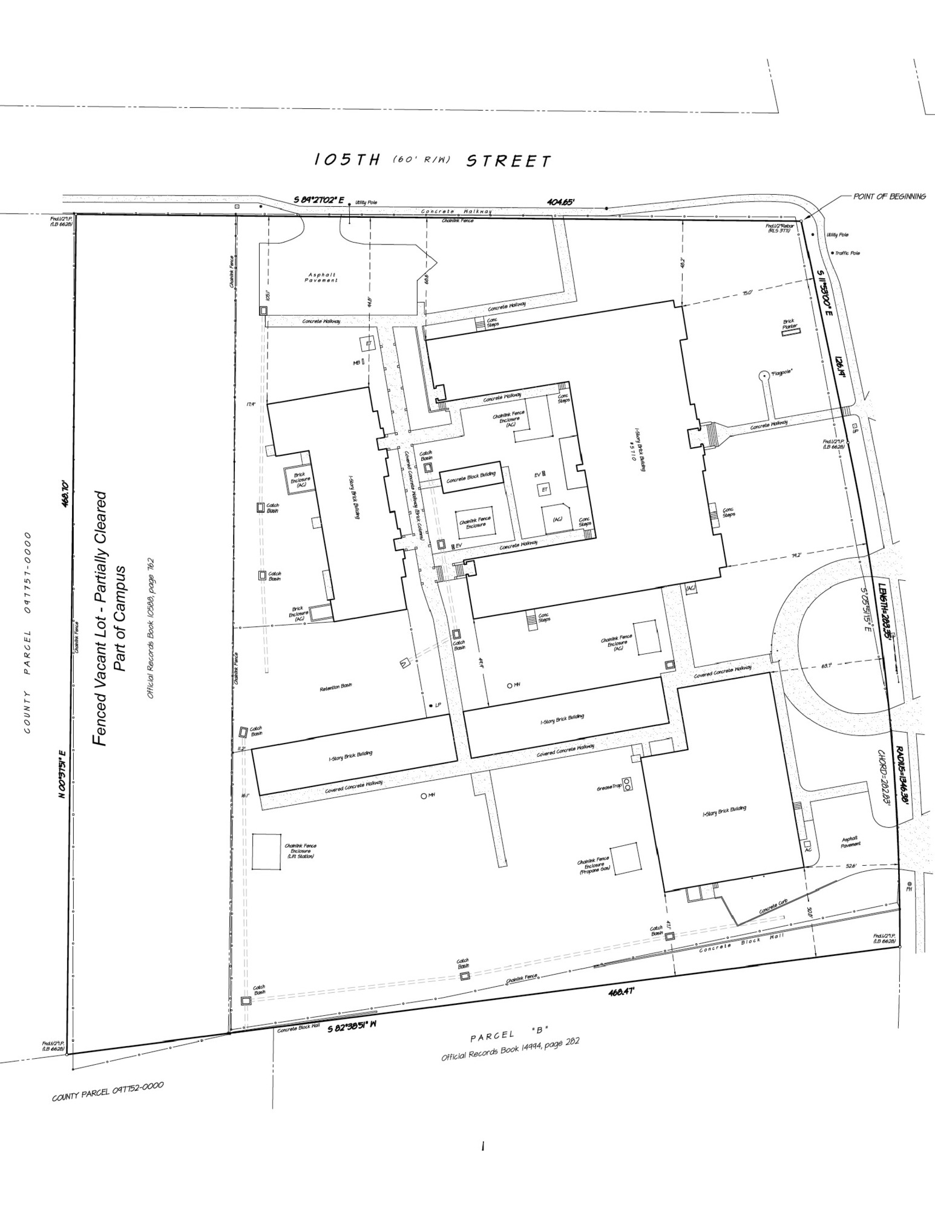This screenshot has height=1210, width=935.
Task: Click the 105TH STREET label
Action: point(433,160)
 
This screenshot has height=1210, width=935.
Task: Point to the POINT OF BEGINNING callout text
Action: point(889,196)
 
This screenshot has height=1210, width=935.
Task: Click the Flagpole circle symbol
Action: point(763,374)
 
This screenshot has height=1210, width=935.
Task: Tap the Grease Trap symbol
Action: point(628,784)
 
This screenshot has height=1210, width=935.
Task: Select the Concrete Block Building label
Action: point(471,478)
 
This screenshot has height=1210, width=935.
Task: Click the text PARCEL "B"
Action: point(509,1035)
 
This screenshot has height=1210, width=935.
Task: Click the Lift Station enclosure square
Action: point(267,852)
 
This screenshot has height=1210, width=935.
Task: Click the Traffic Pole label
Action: point(847,253)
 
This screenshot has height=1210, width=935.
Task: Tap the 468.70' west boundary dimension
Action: point(67,494)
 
